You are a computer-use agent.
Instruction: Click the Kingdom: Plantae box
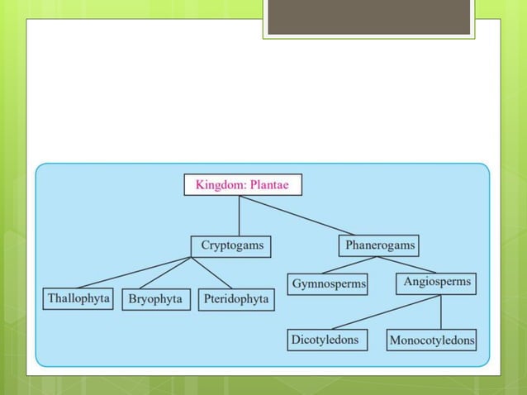(242, 184)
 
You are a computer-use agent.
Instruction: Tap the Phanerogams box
(380, 245)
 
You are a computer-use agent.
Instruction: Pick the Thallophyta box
(78, 298)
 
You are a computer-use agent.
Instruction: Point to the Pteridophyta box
(235, 299)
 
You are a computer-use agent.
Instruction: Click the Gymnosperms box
(329, 283)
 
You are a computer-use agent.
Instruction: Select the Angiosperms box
(437, 282)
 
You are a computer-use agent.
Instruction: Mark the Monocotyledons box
(431, 340)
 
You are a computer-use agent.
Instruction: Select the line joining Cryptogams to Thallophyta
(132, 272)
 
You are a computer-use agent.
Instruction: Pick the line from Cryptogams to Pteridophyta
(211, 272)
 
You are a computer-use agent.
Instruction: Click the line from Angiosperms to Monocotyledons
(441, 312)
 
